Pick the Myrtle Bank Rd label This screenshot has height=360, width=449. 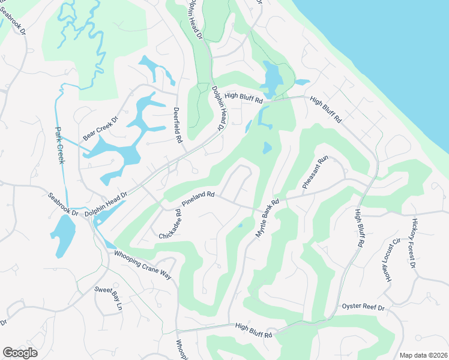268,218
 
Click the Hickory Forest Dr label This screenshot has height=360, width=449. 414,242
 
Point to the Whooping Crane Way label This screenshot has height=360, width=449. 143,264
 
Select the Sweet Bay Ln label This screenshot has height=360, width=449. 108,298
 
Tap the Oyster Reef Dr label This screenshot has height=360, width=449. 363,307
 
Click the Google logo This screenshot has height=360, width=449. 20,352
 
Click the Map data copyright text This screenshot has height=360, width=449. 423,355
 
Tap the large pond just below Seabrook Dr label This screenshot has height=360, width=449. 62,235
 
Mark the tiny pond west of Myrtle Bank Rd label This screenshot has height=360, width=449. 240,226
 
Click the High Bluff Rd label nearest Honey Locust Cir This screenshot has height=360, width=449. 360,228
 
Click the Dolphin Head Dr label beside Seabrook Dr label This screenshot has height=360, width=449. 106,203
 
